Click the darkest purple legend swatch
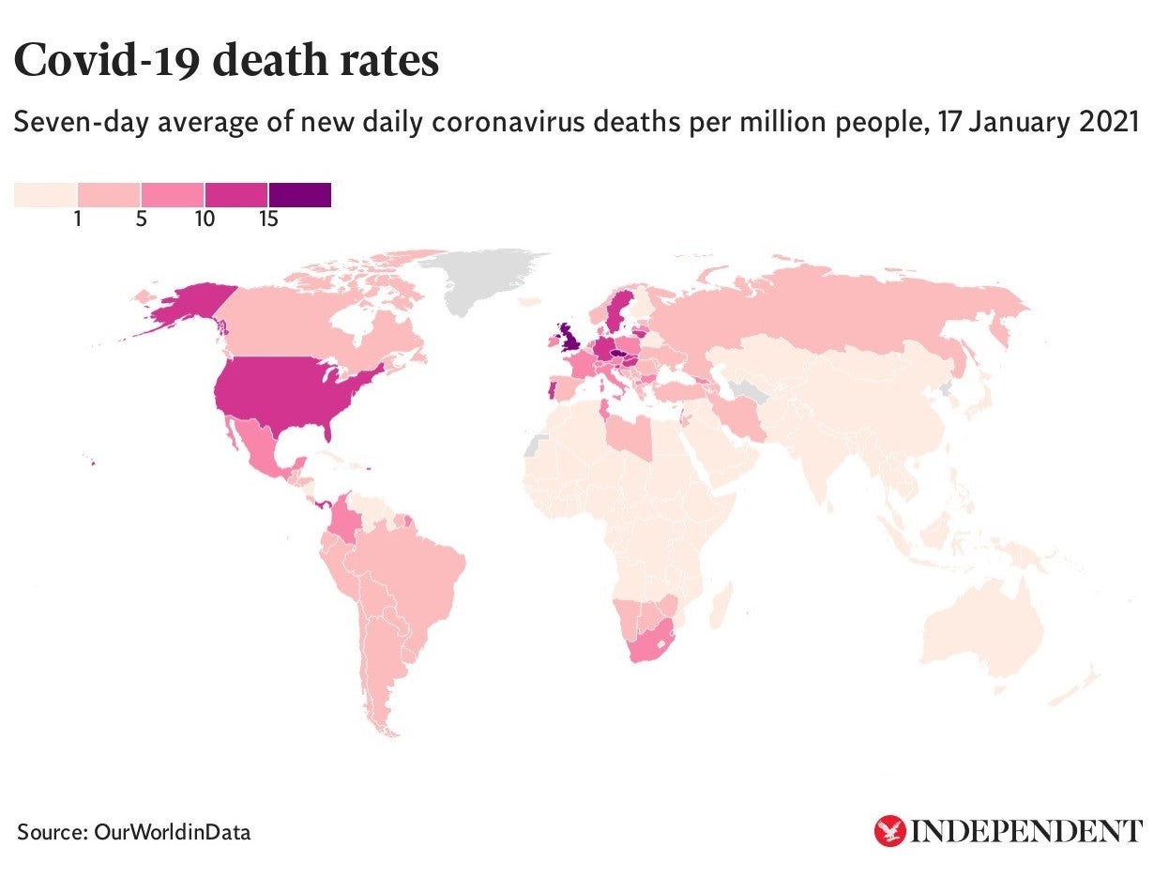pyautogui.click(x=299, y=194)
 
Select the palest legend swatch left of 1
pyautogui.click(x=45, y=194)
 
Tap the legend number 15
pyautogui.click(x=268, y=220)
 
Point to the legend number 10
pyautogui.click(x=205, y=220)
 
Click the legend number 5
pyautogui.click(x=141, y=220)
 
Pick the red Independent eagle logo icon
pyautogui.click(x=888, y=830)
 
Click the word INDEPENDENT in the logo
pyautogui.click(x=1027, y=831)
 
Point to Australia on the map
pyautogui.click(x=985, y=628)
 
